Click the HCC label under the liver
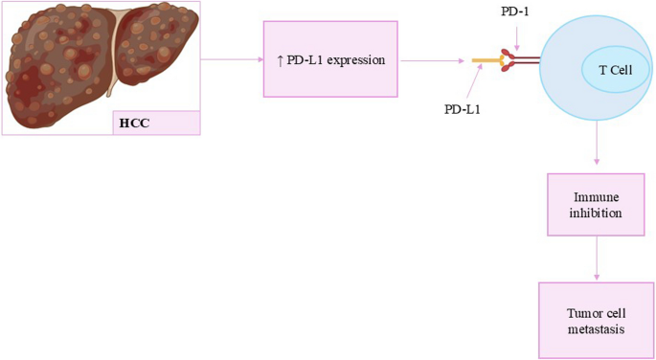coord(135,123)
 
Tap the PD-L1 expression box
coord(329,60)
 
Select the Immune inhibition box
coord(597,204)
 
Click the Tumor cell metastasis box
coord(596,321)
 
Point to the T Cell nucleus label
coord(616,71)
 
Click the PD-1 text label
coord(514,11)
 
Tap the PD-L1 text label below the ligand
coord(463,109)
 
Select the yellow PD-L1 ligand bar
coord(486,62)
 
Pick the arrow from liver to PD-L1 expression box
coord(231,59)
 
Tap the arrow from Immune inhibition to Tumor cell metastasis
coord(597,259)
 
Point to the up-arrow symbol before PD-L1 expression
coord(280,60)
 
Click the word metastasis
coord(595,329)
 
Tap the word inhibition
coord(597,213)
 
